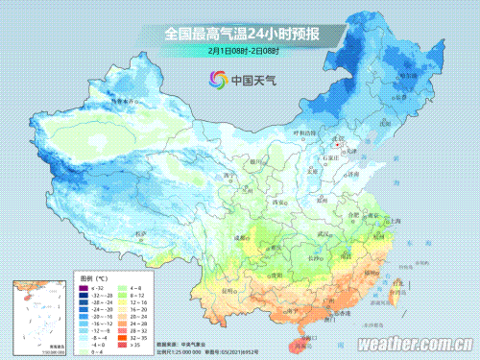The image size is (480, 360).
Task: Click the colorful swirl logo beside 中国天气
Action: click(x=214, y=82)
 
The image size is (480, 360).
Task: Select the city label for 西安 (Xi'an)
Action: click(x=279, y=204)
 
